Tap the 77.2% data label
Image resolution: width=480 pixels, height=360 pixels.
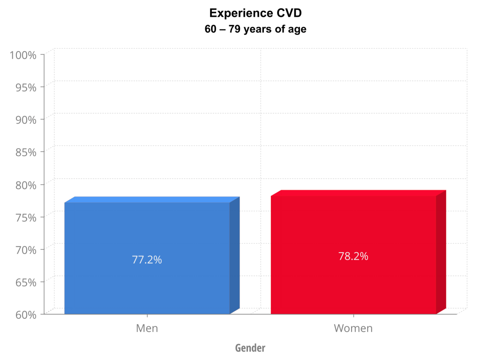(x=147, y=260)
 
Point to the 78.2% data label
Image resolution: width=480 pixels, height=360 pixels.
(x=353, y=256)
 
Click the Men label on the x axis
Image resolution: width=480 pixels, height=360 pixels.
(x=147, y=328)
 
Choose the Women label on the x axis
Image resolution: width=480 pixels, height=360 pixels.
(x=353, y=328)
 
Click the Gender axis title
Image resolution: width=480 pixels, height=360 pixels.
(x=250, y=348)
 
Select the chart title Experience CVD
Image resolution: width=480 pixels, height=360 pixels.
(x=255, y=13)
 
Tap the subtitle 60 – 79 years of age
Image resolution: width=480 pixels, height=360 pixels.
(x=255, y=29)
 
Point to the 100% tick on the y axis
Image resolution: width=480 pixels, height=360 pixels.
(x=23, y=55)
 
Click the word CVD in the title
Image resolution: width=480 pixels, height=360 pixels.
(x=287, y=13)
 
